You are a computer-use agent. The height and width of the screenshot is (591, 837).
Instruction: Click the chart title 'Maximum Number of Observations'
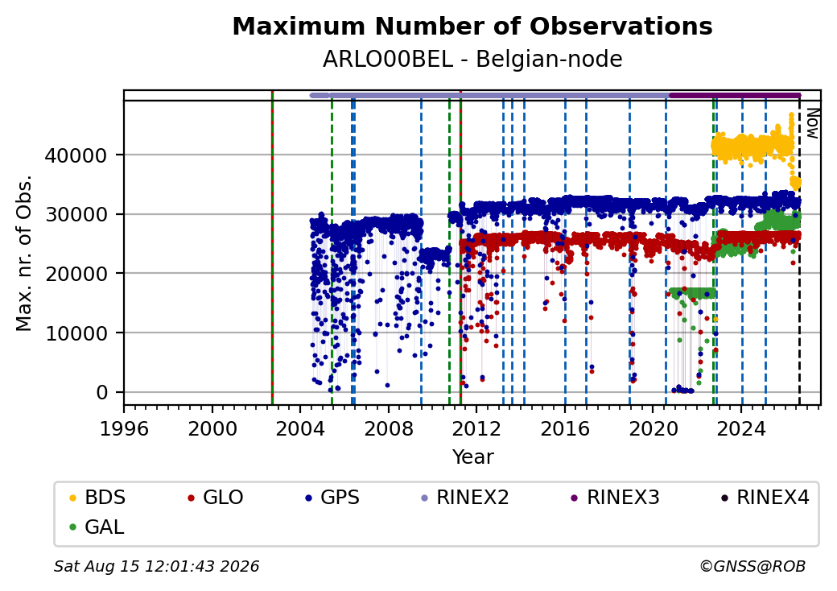coord(472,26)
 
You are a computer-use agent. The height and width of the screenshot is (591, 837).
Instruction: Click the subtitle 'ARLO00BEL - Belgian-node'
coord(472,60)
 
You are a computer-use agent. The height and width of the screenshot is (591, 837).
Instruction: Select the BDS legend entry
coord(97,498)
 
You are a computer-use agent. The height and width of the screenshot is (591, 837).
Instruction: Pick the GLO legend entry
coord(215,498)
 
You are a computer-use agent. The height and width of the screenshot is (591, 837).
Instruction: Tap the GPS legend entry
coord(332,498)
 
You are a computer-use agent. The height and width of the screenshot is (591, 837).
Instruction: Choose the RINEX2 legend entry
coord(464,498)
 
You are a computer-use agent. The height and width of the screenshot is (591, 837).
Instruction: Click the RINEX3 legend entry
coord(615,498)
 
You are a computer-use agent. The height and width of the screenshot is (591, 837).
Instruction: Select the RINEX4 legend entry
coord(765,498)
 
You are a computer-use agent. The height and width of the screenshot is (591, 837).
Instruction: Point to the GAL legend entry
coord(97,527)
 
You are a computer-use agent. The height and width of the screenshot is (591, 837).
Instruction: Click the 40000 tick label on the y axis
coord(76,155)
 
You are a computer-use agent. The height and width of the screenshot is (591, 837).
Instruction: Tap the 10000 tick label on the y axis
coord(76,333)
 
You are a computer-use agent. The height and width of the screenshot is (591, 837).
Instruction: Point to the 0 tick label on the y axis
coord(102,392)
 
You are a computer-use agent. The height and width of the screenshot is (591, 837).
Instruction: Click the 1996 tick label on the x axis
coord(124,428)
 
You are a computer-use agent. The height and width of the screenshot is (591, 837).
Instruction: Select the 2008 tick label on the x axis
coord(388,428)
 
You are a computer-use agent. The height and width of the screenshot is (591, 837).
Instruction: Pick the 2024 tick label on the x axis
coord(741,428)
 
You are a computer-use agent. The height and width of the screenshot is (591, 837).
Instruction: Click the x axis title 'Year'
coord(473,457)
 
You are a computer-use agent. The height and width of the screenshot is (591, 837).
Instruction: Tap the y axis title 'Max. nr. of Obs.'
coord(24,253)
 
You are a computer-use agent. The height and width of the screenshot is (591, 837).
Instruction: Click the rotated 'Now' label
coord(812,123)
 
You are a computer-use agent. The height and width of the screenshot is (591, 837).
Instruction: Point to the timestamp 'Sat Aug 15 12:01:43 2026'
coord(156,566)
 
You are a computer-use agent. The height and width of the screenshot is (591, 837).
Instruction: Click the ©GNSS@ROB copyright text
coord(752,566)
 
